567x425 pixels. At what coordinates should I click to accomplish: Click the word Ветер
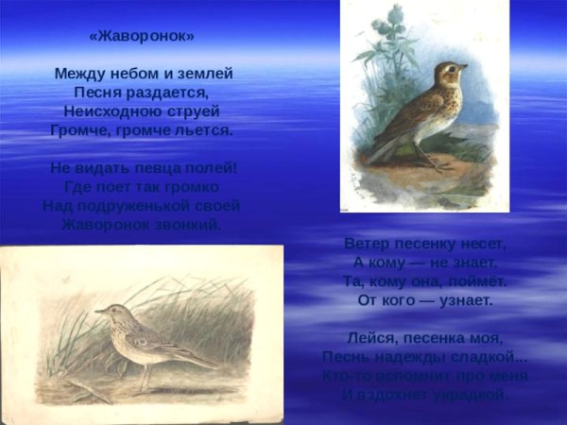coord(367,243)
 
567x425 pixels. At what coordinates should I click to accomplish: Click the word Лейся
coord(370,338)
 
